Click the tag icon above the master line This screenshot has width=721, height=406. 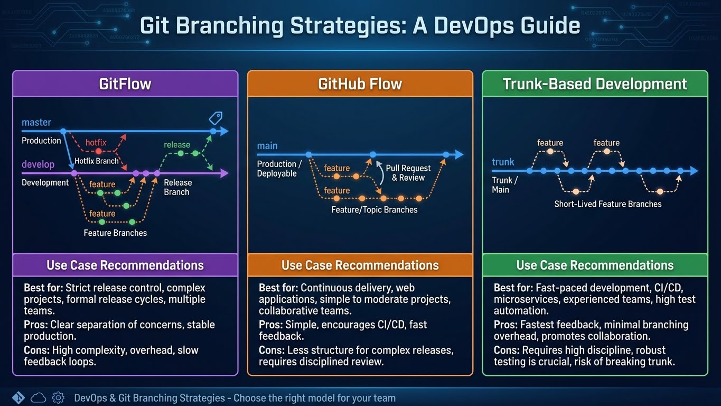216,117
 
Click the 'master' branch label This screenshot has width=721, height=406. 36,122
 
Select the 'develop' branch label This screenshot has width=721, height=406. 38,164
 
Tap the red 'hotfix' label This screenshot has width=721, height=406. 96,142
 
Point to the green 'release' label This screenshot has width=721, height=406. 177,144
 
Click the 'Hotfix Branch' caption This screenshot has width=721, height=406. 97,161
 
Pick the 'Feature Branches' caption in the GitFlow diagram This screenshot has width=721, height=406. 115,233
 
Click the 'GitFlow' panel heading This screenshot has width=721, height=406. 125,84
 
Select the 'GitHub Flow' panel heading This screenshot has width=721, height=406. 360,84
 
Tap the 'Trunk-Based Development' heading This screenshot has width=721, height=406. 595,84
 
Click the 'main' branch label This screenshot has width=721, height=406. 267,146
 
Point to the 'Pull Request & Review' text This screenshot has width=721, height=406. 408,173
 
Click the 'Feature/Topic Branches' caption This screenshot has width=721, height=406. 374,210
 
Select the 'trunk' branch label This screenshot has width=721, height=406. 503,162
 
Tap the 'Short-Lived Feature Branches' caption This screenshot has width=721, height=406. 608,204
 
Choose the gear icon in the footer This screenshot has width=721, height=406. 59,398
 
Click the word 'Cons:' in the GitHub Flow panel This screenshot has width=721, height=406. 271,350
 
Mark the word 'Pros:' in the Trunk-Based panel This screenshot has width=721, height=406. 506,325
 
